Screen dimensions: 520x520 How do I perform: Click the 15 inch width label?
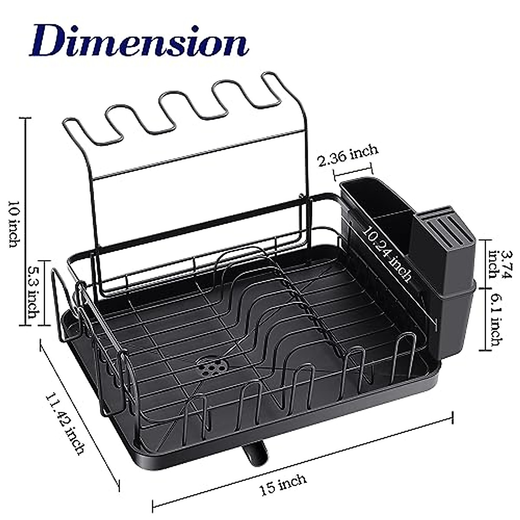283,484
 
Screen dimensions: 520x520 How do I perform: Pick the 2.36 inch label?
348,155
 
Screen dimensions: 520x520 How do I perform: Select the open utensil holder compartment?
377,204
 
